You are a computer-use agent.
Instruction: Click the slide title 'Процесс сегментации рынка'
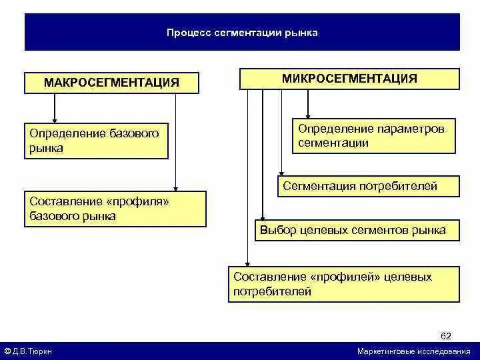[242, 32]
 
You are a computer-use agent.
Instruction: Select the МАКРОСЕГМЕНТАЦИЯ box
[111, 83]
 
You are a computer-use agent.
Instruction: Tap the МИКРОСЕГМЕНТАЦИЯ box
[349, 79]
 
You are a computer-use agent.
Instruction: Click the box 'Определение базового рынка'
[96, 140]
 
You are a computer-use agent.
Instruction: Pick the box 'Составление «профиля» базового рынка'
[115, 209]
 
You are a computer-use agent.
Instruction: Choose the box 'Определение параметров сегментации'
[373, 135]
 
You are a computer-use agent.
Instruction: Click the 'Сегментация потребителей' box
[368, 186]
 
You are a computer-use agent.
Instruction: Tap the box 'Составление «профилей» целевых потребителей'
[343, 284]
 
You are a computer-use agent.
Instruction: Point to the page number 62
[446, 335]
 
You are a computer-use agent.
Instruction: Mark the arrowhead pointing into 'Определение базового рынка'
[55, 118]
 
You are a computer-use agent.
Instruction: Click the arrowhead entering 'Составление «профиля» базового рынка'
[175, 187]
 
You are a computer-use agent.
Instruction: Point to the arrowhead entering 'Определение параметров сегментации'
[307, 114]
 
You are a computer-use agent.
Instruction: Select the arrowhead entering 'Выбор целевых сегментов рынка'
[263, 216]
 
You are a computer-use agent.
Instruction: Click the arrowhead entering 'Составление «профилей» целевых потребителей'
[247, 263]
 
